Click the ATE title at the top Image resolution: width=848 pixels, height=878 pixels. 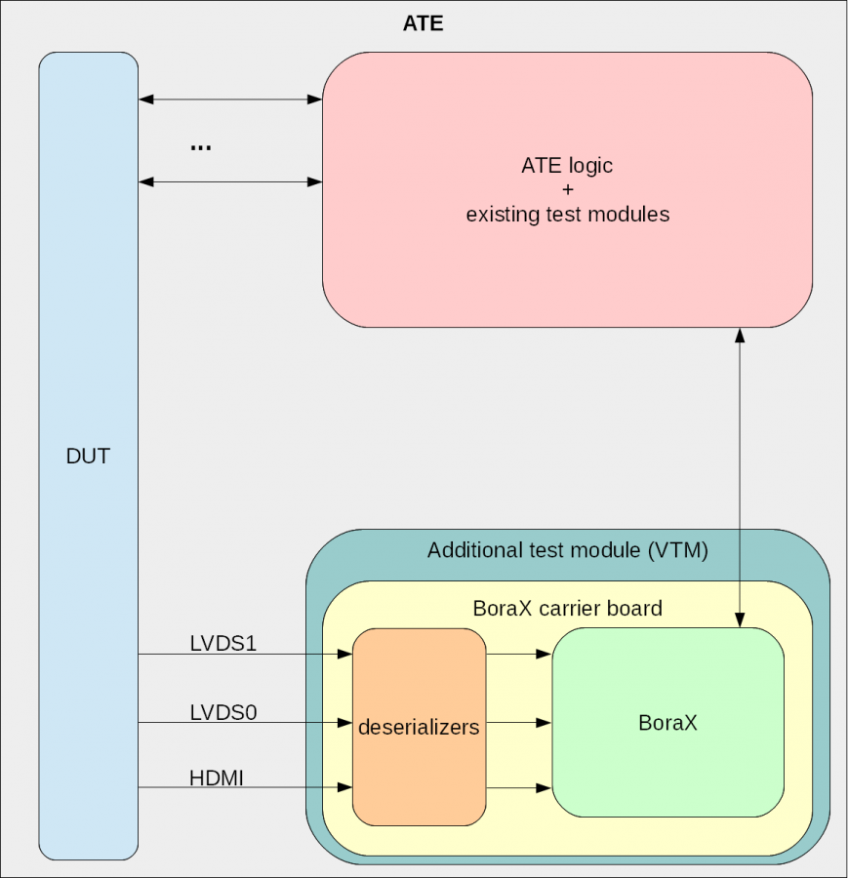click(423, 23)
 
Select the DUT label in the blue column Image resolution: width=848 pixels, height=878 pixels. click(88, 456)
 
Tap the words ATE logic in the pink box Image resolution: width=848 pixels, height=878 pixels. click(567, 166)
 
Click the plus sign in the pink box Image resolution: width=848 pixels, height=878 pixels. click(568, 190)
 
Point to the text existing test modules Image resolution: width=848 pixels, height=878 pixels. click(568, 215)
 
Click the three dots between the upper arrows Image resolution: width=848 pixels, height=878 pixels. click(201, 146)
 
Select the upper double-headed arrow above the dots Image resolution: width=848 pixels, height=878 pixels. click(230, 99)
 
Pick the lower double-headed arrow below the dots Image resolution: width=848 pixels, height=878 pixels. click(230, 181)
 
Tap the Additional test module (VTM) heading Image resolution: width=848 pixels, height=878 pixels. click(567, 550)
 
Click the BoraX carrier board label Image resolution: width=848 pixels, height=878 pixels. click(567, 609)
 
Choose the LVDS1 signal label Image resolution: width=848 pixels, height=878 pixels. click(222, 643)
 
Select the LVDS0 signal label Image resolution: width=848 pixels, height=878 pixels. click(222, 712)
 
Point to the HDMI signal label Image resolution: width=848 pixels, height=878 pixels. click(217, 778)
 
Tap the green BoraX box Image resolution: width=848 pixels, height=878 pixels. click(668, 723)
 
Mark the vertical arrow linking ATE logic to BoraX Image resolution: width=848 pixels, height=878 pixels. click(740, 478)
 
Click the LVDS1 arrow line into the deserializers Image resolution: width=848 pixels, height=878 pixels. click(244, 655)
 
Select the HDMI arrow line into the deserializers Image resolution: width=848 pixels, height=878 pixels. click(244, 787)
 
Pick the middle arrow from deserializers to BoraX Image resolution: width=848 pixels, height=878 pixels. click(518, 723)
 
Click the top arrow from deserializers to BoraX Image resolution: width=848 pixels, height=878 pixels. click(518, 655)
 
